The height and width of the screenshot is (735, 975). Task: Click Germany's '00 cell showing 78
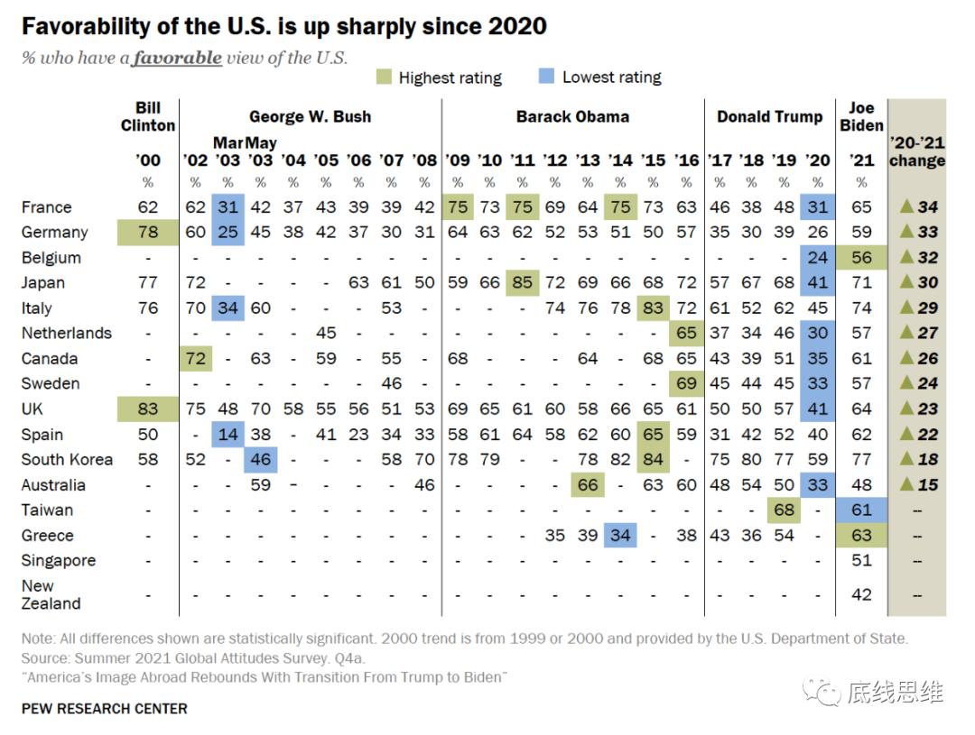click(148, 233)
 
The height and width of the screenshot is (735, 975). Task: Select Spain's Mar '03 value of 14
click(227, 435)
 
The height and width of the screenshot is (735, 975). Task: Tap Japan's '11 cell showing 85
click(523, 283)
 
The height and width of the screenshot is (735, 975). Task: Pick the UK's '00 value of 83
click(148, 409)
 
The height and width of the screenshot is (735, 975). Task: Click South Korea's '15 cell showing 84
click(653, 460)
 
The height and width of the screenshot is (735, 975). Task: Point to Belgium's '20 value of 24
click(818, 258)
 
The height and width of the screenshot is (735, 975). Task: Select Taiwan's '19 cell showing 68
click(785, 510)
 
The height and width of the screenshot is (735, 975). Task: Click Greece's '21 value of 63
click(861, 536)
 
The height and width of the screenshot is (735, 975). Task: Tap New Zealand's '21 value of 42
click(861, 595)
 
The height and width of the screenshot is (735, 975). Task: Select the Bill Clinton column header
click(148, 116)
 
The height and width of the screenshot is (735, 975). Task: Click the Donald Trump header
click(769, 116)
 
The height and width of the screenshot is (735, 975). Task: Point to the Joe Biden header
click(861, 116)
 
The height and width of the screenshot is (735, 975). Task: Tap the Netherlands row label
click(67, 334)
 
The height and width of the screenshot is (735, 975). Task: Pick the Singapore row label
click(59, 561)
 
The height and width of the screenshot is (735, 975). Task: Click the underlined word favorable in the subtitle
click(177, 58)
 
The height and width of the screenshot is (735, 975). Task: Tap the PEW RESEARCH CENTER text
click(105, 709)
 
